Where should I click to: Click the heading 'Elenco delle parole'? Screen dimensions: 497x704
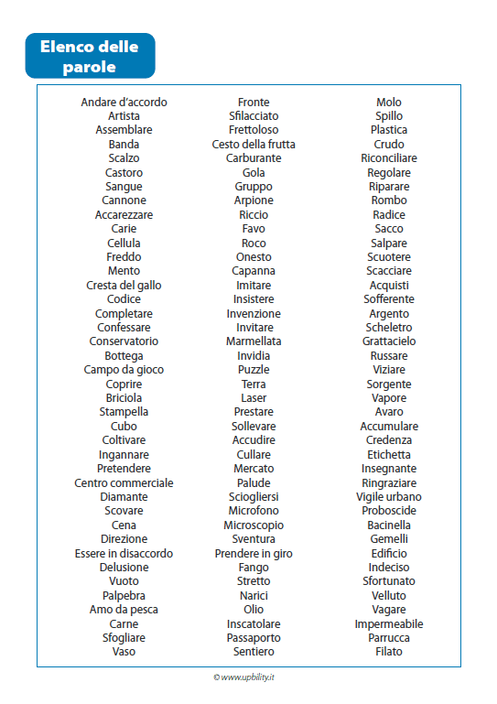click(x=91, y=56)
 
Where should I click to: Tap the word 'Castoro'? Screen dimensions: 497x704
click(x=124, y=172)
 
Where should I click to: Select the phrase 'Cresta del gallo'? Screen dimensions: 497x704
click(x=124, y=286)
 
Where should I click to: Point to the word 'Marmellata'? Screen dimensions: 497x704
click(x=254, y=341)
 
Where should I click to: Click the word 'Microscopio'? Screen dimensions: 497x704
click(x=254, y=525)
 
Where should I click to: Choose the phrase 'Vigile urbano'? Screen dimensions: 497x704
click(x=389, y=497)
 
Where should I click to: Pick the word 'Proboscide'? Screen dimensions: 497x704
click(x=389, y=511)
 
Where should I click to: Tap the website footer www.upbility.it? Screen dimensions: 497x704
click(x=248, y=677)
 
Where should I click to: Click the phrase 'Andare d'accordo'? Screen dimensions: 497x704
click(x=124, y=103)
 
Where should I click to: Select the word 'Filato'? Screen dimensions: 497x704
click(x=389, y=652)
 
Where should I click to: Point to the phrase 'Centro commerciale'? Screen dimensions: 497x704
click(x=124, y=483)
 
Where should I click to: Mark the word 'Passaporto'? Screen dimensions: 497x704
click(x=254, y=638)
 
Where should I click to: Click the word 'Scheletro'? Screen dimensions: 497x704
click(x=389, y=328)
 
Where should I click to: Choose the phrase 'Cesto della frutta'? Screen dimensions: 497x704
click(x=254, y=145)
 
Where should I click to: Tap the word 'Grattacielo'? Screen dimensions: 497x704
click(x=389, y=341)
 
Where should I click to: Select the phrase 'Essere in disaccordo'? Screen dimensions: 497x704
click(x=124, y=554)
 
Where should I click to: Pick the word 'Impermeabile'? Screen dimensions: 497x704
click(x=389, y=624)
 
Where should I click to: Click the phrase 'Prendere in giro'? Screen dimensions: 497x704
click(x=254, y=554)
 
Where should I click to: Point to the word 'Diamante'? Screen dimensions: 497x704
click(x=124, y=497)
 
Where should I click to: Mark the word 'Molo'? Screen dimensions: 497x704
click(x=389, y=103)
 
